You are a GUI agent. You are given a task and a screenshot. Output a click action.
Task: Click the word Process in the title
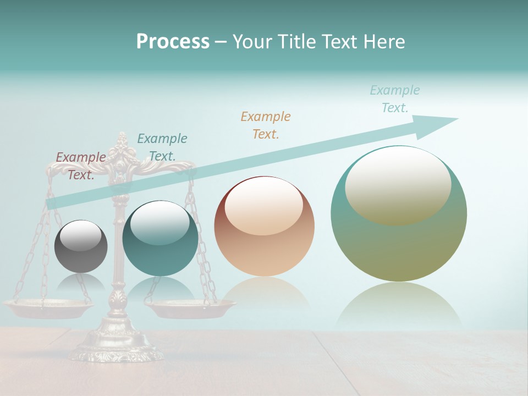coord(173,42)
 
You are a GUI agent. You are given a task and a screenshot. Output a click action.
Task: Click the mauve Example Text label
coord(81,166)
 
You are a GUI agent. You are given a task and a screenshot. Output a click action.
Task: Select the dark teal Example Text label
coord(162,147)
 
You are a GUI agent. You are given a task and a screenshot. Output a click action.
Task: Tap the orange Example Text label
coord(266,125)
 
